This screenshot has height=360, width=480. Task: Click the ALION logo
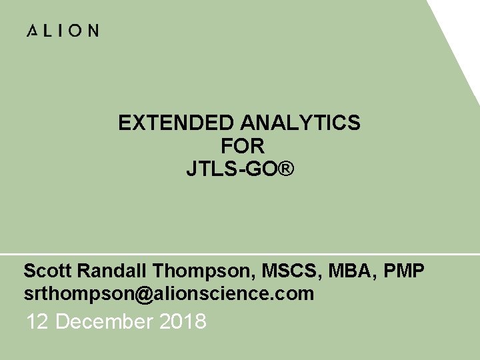tap(63, 31)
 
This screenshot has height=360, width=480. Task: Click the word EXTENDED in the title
tap(176, 123)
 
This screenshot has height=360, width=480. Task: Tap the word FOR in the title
tap(242, 146)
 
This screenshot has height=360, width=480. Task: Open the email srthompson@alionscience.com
tap(168, 293)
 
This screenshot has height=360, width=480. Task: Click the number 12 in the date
tap(38, 322)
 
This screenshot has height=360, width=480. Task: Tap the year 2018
tap(183, 322)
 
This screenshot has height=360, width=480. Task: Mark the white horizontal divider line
tap(240, 254)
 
